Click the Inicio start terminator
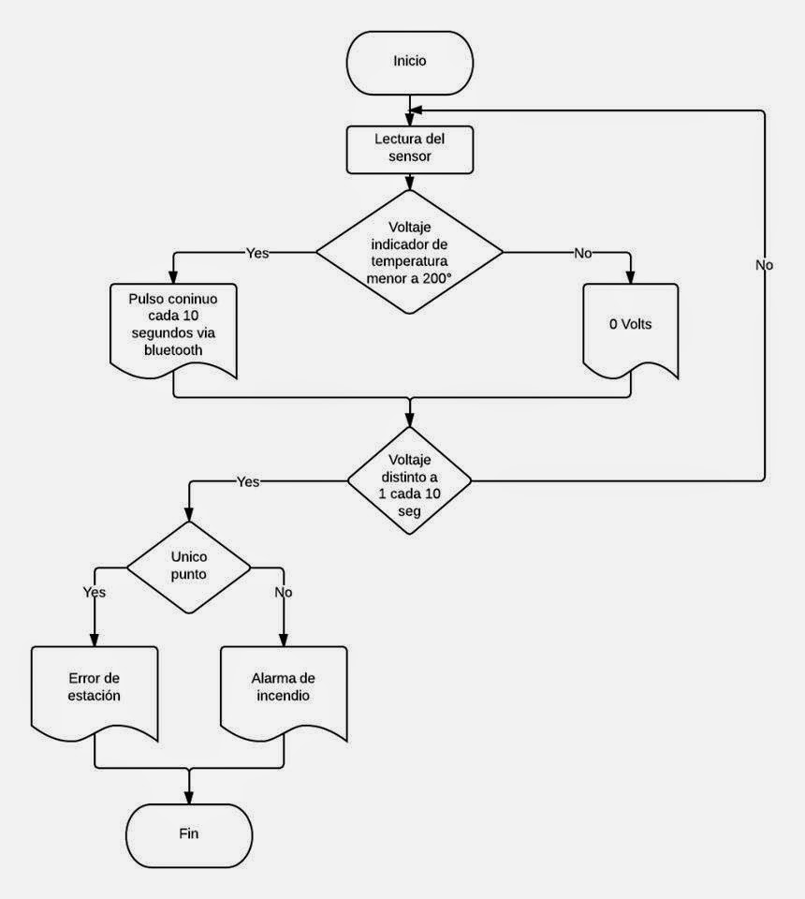pos(409,61)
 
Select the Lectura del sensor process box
pos(409,149)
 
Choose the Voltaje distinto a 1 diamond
pos(409,480)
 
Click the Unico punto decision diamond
pos(189,567)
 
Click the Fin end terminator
pos(189,833)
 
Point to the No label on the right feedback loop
pos(764,265)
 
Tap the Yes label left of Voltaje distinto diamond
pos(248,481)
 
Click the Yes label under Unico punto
pos(95,592)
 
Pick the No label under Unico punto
pos(284,592)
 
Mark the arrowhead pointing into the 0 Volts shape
pos(629,277)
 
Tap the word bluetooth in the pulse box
pos(172,349)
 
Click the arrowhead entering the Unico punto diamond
pos(189,516)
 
